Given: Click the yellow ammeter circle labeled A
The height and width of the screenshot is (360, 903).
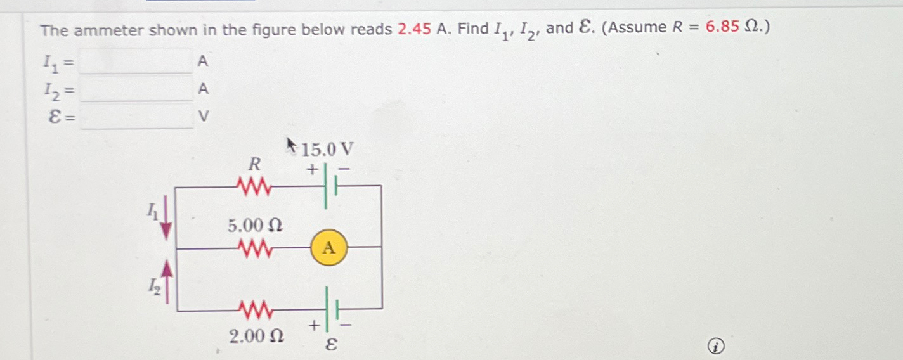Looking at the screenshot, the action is click(x=328, y=247).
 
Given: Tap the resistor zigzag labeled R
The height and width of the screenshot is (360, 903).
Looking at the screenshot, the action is click(x=254, y=186).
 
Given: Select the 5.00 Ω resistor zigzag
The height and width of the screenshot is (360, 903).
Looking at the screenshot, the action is click(x=254, y=247).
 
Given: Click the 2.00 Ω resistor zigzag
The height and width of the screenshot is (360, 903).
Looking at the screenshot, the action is click(x=254, y=311).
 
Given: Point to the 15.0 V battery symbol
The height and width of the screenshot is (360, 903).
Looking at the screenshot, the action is click(x=330, y=186).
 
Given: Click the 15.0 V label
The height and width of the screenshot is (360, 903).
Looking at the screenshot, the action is click(x=327, y=150).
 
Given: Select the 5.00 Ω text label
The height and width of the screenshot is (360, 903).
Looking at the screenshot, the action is click(x=255, y=225).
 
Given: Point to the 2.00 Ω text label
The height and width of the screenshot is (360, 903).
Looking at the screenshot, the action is click(x=256, y=336).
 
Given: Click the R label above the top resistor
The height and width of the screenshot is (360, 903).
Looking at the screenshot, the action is click(x=254, y=165).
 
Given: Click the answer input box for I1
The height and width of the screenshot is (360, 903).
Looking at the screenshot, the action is click(x=137, y=61).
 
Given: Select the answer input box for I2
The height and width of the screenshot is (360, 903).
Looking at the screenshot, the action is click(x=137, y=90).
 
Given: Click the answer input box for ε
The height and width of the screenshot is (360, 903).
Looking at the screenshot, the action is click(x=137, y=117).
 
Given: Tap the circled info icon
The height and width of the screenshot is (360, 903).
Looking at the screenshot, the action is click(x=715, y=347).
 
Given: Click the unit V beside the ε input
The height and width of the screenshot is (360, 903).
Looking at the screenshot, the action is click(x=203, y=117).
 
